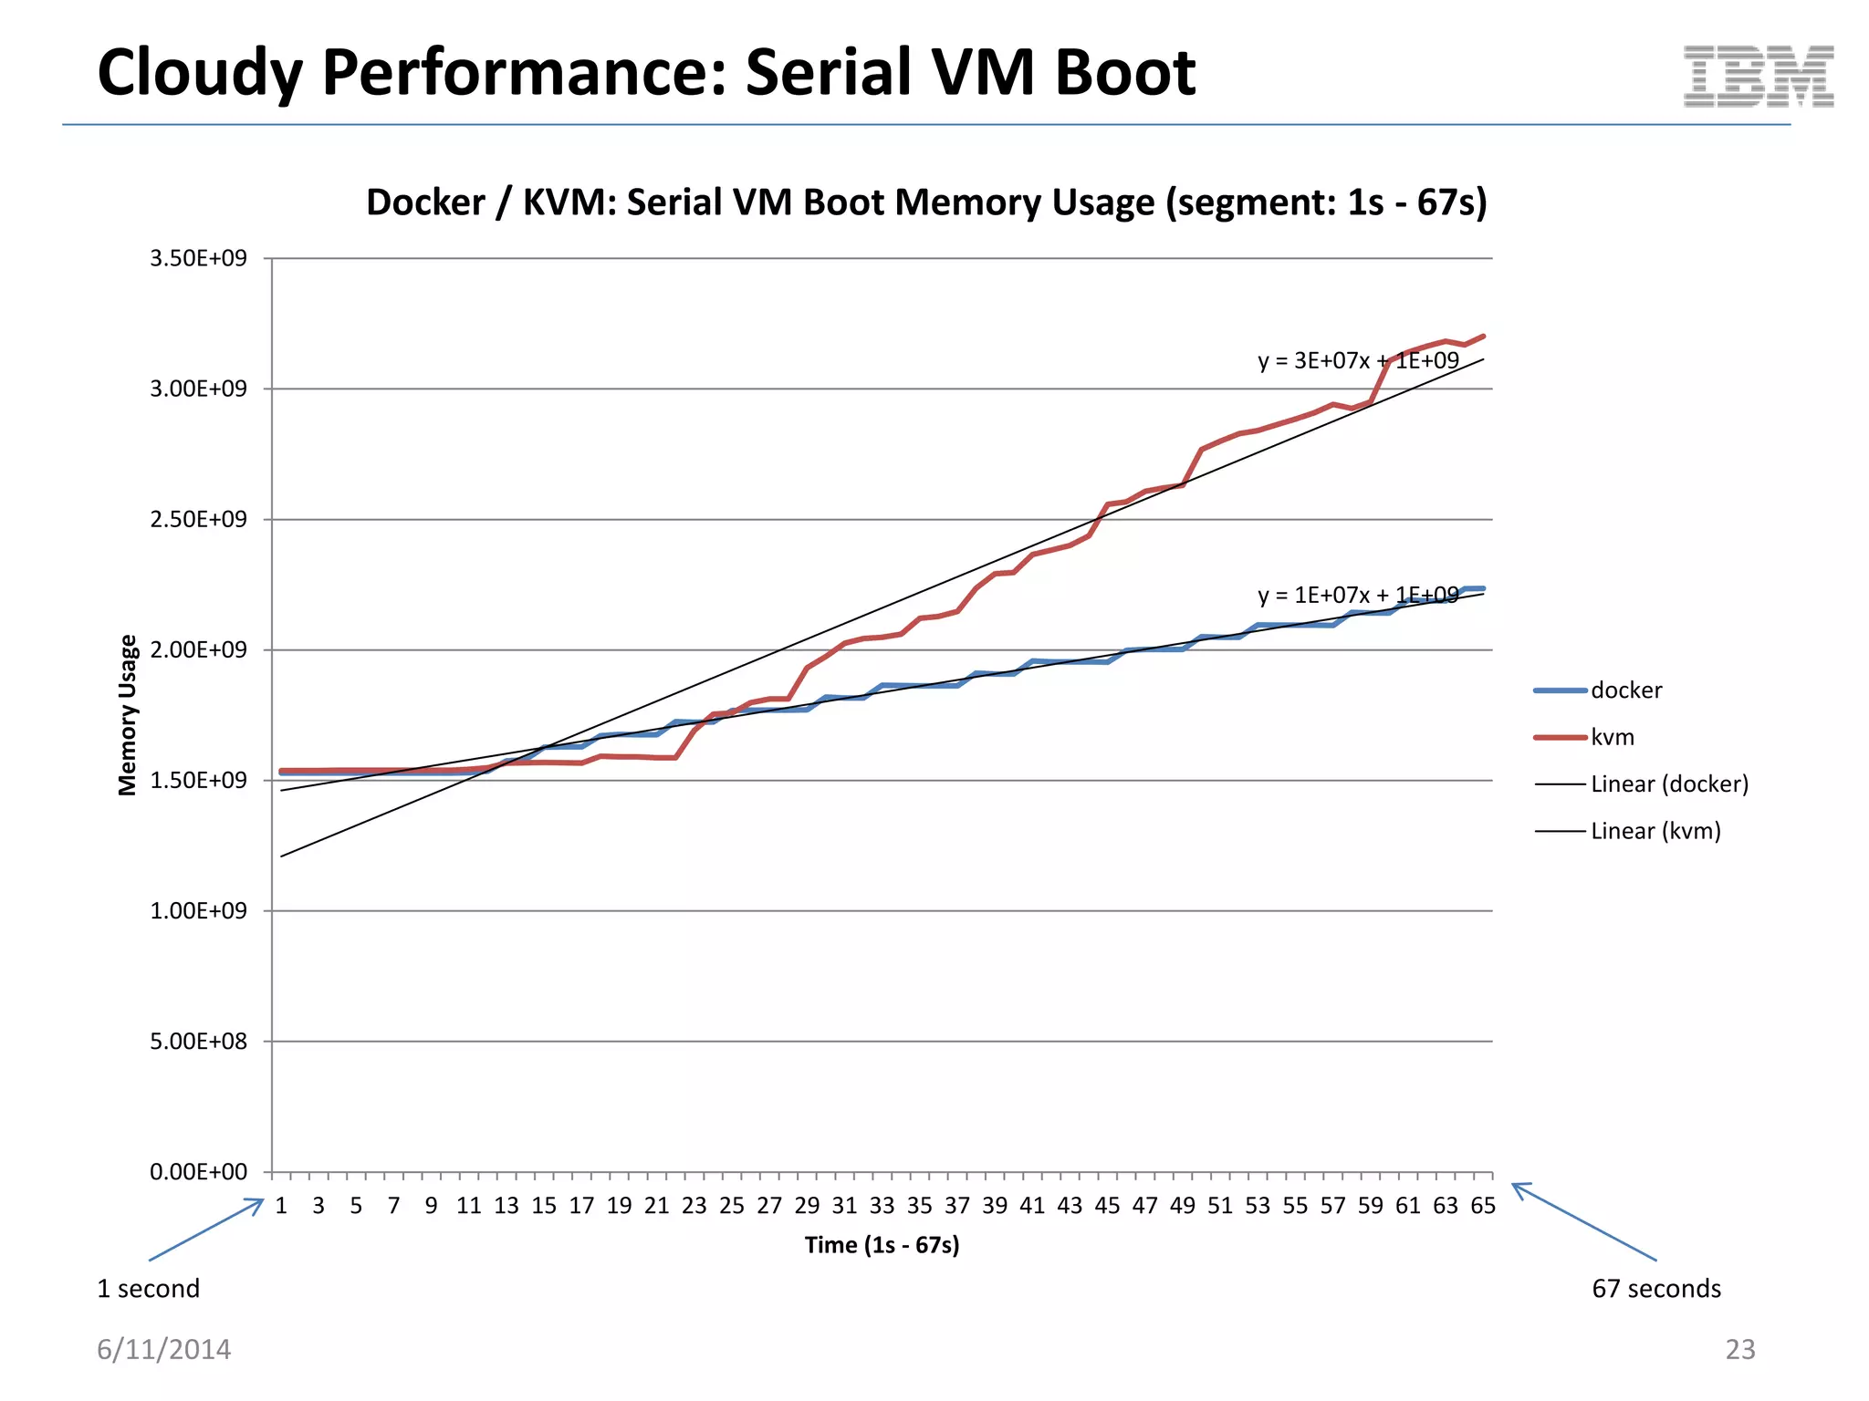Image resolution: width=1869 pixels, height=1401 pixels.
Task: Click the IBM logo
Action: tap(1758, 77)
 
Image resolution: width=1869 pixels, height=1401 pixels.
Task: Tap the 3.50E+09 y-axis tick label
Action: tap(198, 258)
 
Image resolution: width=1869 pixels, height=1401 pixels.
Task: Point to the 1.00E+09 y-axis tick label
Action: tap(198, 910)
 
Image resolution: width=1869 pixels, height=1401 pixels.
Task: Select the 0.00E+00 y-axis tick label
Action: tap(198, 1172)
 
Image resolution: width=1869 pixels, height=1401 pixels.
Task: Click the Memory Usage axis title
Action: tap(128, 715)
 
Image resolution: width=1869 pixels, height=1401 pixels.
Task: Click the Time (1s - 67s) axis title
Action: tap(882, 1245)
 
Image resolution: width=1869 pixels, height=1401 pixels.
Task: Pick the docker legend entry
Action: tap(1625, 690)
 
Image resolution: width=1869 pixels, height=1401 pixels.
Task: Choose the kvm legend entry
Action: tap(1612, 737)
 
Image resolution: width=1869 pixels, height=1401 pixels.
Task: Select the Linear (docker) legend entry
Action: tap(1668, 784)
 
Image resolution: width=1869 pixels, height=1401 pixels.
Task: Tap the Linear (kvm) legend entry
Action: tap(1655, 831)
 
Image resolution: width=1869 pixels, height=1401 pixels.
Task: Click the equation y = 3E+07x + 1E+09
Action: tap(1358, 360)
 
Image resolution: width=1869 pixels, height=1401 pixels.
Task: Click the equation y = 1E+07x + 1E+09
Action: tap(1358, 595)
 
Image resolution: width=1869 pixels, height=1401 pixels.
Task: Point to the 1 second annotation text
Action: tap(149, 1289)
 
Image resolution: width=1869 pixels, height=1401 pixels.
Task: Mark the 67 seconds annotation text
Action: tap(1655, 1289)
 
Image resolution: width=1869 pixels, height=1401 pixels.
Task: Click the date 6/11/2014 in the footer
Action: tap(164, 1349)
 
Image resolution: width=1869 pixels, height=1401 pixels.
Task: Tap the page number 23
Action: tap(1739, 1349)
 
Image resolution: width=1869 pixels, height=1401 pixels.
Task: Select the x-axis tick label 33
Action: tap(882, 1206)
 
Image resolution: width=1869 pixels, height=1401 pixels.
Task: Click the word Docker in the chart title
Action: tap(425, 202)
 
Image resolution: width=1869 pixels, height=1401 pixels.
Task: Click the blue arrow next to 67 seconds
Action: tap(1583, 1221)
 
